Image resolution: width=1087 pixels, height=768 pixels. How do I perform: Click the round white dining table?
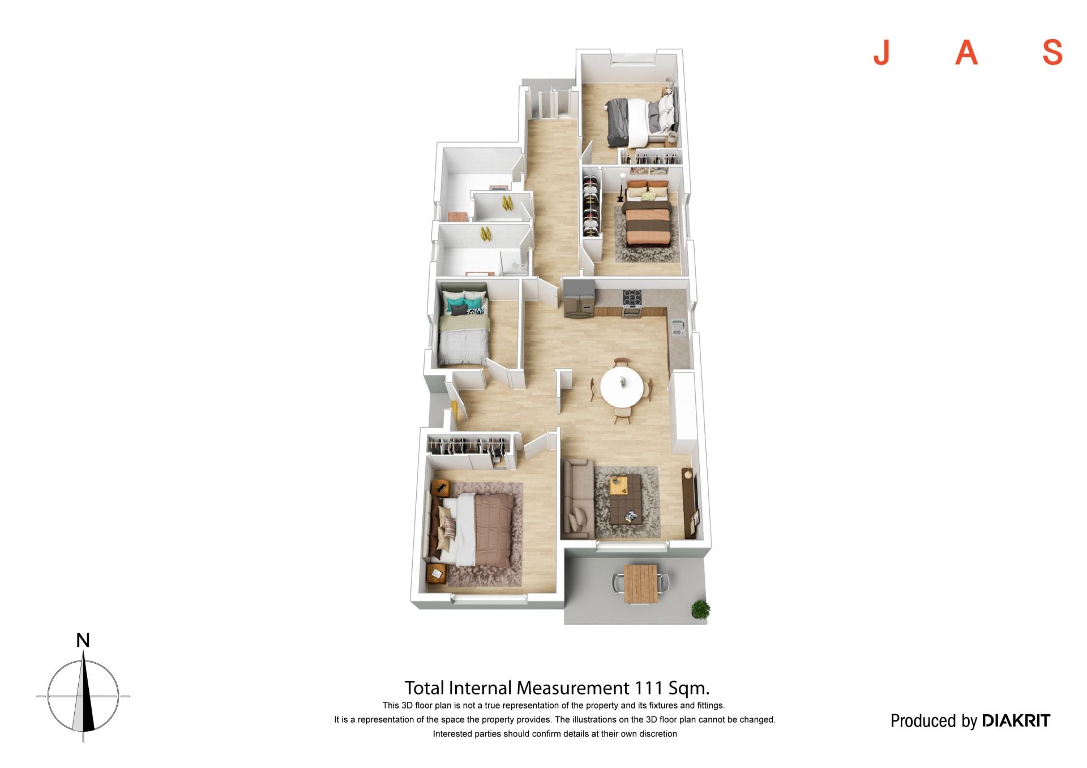coord(622,387)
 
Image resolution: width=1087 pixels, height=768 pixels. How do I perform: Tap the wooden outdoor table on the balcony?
coord(641,583)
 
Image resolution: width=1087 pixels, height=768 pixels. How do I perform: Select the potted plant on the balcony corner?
coord(700,609)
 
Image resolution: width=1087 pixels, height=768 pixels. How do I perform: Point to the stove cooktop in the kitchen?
coord(632,297)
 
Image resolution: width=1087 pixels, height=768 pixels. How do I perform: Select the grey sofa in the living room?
coord(577,498)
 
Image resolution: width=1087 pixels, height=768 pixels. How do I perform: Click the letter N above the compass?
coord(83,640)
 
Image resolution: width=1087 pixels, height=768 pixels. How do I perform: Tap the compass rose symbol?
coord(83,696)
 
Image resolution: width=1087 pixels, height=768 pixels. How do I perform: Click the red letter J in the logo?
coord(881,53)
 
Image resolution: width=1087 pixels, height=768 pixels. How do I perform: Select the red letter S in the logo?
coord(1052,53)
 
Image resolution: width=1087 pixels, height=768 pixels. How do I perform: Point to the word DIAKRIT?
coord(1016,720)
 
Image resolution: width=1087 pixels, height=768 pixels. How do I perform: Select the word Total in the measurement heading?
coord(425,688)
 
